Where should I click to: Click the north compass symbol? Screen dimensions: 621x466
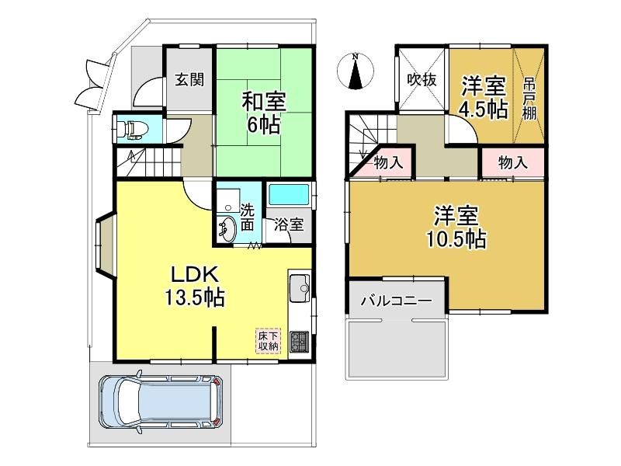click(356, 71)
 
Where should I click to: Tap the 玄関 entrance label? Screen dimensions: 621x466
click(189, 80)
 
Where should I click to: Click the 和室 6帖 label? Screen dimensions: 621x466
click(264, 112)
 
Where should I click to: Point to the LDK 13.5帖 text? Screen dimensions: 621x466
click(195, 286)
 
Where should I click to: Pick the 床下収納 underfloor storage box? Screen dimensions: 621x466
click(268, 340)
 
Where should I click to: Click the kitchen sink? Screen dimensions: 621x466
click(300, 288)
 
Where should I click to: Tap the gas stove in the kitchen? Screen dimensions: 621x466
click(299, 342)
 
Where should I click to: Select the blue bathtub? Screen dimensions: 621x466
click(288, 195)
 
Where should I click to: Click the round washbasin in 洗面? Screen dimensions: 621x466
click(227, 229)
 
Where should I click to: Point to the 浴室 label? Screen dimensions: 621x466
click(290, 224)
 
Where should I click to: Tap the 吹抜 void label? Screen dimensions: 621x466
click(422, 80)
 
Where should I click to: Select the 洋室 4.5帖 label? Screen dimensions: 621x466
click(484, 98)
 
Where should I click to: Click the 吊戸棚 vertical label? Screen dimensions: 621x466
click(529, 99)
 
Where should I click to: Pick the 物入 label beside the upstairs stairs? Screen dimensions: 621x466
click(389, 162)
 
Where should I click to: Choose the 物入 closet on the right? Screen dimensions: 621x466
click(513, 162)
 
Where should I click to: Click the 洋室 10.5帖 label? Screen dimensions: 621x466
click(456, 227)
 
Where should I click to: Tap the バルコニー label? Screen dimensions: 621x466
click(396, 301)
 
